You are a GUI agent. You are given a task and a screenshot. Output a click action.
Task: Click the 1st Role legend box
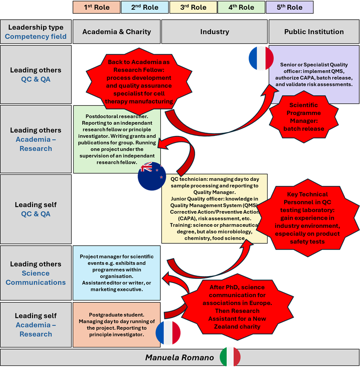[x=97, y=7]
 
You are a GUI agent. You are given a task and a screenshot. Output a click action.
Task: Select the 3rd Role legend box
[x=193, y=7]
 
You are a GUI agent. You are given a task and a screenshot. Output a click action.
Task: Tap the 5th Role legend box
[x=290, y=7]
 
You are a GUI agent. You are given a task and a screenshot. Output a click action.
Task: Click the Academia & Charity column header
[x=116, y=32]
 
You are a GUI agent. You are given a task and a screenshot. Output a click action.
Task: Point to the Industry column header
[x=214, y=32]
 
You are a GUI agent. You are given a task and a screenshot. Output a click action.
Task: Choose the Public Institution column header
[x=314, y=32]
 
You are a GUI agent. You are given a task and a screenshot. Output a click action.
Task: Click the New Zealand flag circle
[x=152, y=176]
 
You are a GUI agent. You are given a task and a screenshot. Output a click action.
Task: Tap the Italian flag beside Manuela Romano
[x=230, y=357]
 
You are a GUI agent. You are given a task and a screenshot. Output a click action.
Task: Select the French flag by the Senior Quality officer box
[x=261, y=59]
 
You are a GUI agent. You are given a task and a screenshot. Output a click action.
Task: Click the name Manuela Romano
[x=179, y=358]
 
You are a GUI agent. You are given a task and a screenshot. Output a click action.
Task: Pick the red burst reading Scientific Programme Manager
[x=304, y=117]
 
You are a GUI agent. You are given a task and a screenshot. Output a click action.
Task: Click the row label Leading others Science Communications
[x=36, y=273]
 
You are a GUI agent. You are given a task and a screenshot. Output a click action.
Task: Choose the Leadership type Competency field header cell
[x=36, y=32]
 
